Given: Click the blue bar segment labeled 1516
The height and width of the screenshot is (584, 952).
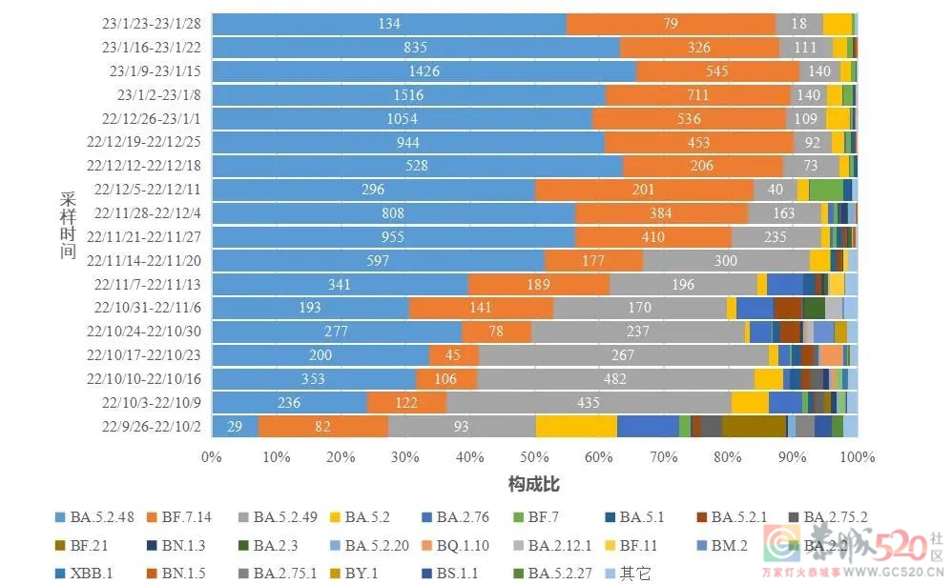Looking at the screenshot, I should click(x=408, y=94).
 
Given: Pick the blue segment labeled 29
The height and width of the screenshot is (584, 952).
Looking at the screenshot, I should click(x=235, y=426).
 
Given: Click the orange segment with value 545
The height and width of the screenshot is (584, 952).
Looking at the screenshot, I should click(x=716, y=71).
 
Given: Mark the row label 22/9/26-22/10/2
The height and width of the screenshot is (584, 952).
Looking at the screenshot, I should click(x=151, y=426).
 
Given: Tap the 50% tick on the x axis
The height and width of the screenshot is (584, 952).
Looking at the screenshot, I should click(x=534, y=457).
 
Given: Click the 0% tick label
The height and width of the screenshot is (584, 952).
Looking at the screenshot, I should click(x=212, y=457).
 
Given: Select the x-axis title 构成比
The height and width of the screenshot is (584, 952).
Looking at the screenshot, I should click(x=533, y=484).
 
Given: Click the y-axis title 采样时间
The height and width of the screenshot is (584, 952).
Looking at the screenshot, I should click(x=68, y=224).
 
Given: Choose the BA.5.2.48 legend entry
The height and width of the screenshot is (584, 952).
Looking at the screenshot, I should click(x=96, y=518).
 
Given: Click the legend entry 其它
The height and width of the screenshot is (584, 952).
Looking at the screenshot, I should click(x=633, y=574).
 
